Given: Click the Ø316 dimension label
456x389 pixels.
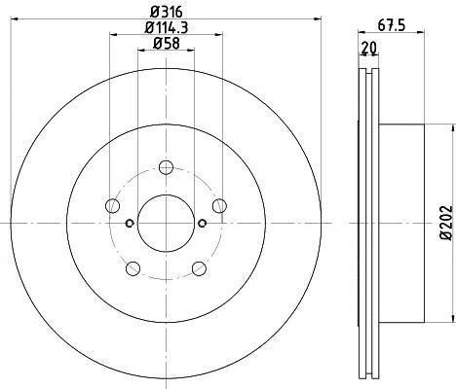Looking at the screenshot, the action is pyautogui.click(x=167, y=13).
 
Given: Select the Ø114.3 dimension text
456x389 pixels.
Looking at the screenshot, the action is pyautogui.click(x=167, y=27).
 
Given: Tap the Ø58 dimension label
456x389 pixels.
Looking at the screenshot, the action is pyautogui.click(x=167, y=44).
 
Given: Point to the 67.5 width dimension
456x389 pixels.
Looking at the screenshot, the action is pyautogui.click(x=392, y=26).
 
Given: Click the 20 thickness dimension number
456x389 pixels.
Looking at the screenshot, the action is pyautogui.click(x=369, y=48).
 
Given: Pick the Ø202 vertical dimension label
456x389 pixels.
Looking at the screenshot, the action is pyautogui.click(x=446, y=223).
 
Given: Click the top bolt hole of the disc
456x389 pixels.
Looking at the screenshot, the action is pyautogui.click(x=166, y=167).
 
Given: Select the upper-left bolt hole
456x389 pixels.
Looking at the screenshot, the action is pyautogui.click(x=113, y=206).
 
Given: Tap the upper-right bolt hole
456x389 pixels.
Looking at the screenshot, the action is pyautogui.click(x=219, y=206).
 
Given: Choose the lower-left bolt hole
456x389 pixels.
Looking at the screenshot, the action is pyautogui.click(x=133, y=268).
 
